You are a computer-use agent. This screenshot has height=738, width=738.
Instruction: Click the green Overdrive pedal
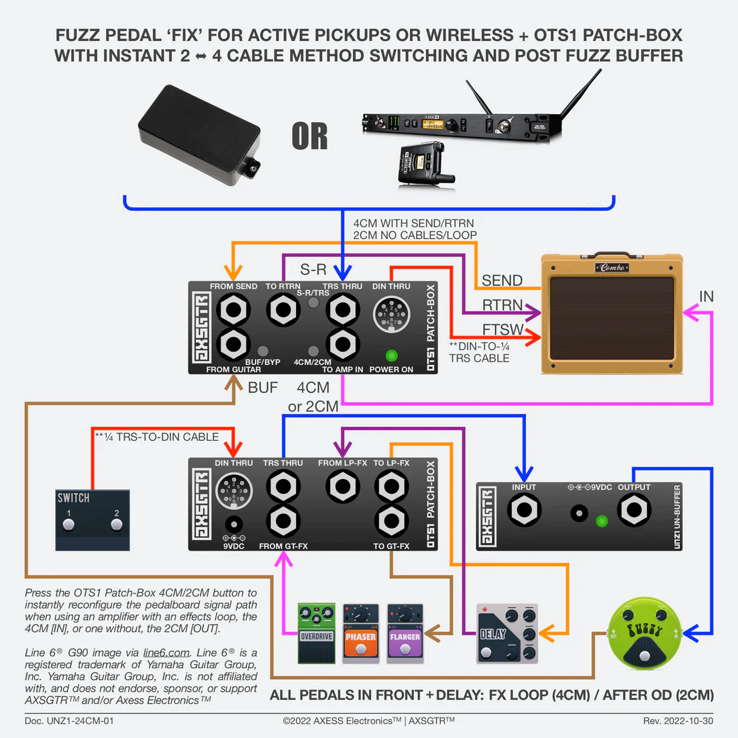tap(316, 633)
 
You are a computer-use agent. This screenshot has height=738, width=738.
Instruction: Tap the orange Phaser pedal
tap(360, 635)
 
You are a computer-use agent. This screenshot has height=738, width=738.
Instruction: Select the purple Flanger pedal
tap(405, 635)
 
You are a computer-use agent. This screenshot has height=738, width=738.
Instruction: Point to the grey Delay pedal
tap(507, 634)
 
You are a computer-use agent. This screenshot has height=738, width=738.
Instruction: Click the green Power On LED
tap(391, 356)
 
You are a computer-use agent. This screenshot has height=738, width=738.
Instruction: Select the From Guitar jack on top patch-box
tap(233, 344)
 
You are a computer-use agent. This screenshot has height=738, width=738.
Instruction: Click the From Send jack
tap(233, 310)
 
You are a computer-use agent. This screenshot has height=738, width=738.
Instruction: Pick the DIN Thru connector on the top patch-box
tap(391, 314)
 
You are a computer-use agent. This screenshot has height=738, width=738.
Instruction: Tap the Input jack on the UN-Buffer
tap(524, 511)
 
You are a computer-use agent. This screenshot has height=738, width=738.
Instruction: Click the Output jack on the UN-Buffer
tap(633, 510)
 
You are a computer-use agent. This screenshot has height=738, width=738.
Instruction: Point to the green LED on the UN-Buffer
tap(602, 521)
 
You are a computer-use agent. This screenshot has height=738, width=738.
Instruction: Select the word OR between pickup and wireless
tap(310, 136)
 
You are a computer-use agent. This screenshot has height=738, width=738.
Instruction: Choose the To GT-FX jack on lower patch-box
tap(391, 521)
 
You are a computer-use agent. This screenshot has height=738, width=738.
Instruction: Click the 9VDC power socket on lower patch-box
tap(233, 525)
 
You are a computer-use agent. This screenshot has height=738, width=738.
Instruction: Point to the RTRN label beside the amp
tap(502, 305)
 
